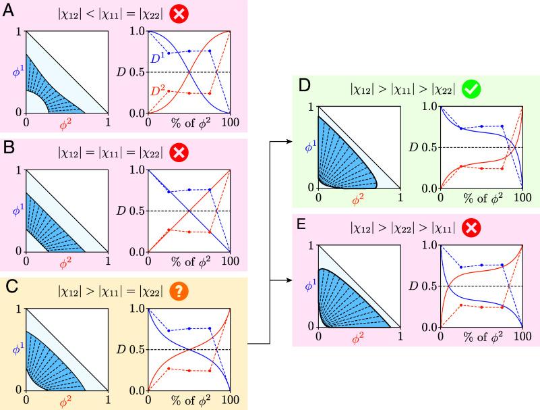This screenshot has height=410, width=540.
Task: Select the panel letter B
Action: tap(9, 149)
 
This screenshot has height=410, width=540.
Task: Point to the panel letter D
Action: tap(303, 87)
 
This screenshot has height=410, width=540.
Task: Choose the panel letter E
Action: tap(303, 225)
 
